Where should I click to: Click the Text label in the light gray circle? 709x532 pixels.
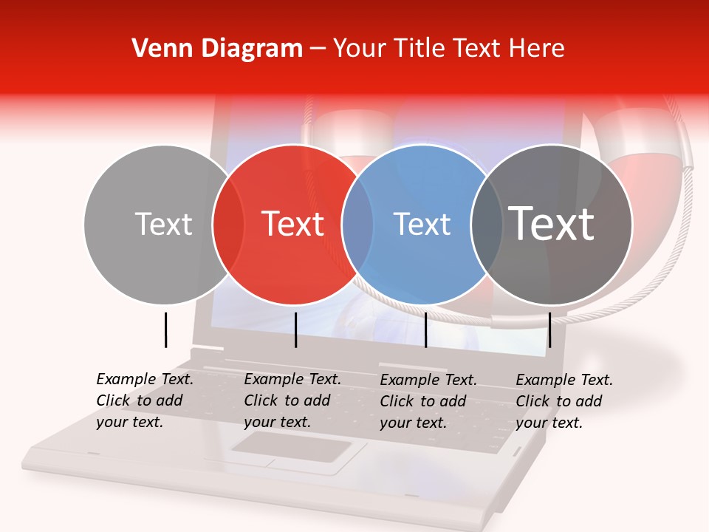[x=163, y=224]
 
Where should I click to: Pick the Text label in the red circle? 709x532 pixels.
[x=293, y=224]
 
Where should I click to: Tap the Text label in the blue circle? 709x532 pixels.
[x=422, y=224]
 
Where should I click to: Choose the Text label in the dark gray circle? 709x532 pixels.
[x=552, y=224]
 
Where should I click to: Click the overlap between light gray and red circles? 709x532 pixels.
[x=228, y=225]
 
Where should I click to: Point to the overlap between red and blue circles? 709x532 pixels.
[x=357, y=225]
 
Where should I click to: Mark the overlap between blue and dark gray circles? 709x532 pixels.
[x=487, y=225]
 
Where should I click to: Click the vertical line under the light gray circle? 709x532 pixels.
[x=165, y=330]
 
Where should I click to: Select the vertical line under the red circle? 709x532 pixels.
[x=295, y=330]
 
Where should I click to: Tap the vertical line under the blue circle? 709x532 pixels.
[x=425, y=330]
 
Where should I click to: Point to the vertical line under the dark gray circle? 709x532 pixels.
[x=549, y=330]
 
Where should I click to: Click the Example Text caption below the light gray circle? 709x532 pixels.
[x=144, y=400]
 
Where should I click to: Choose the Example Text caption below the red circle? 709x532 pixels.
[x=292, y=400]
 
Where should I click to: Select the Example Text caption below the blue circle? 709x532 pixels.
[x=428, y=401]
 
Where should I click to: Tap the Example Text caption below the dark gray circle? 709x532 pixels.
[x=564, y=401]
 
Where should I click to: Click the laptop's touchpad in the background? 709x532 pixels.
[x=291, y=447]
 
